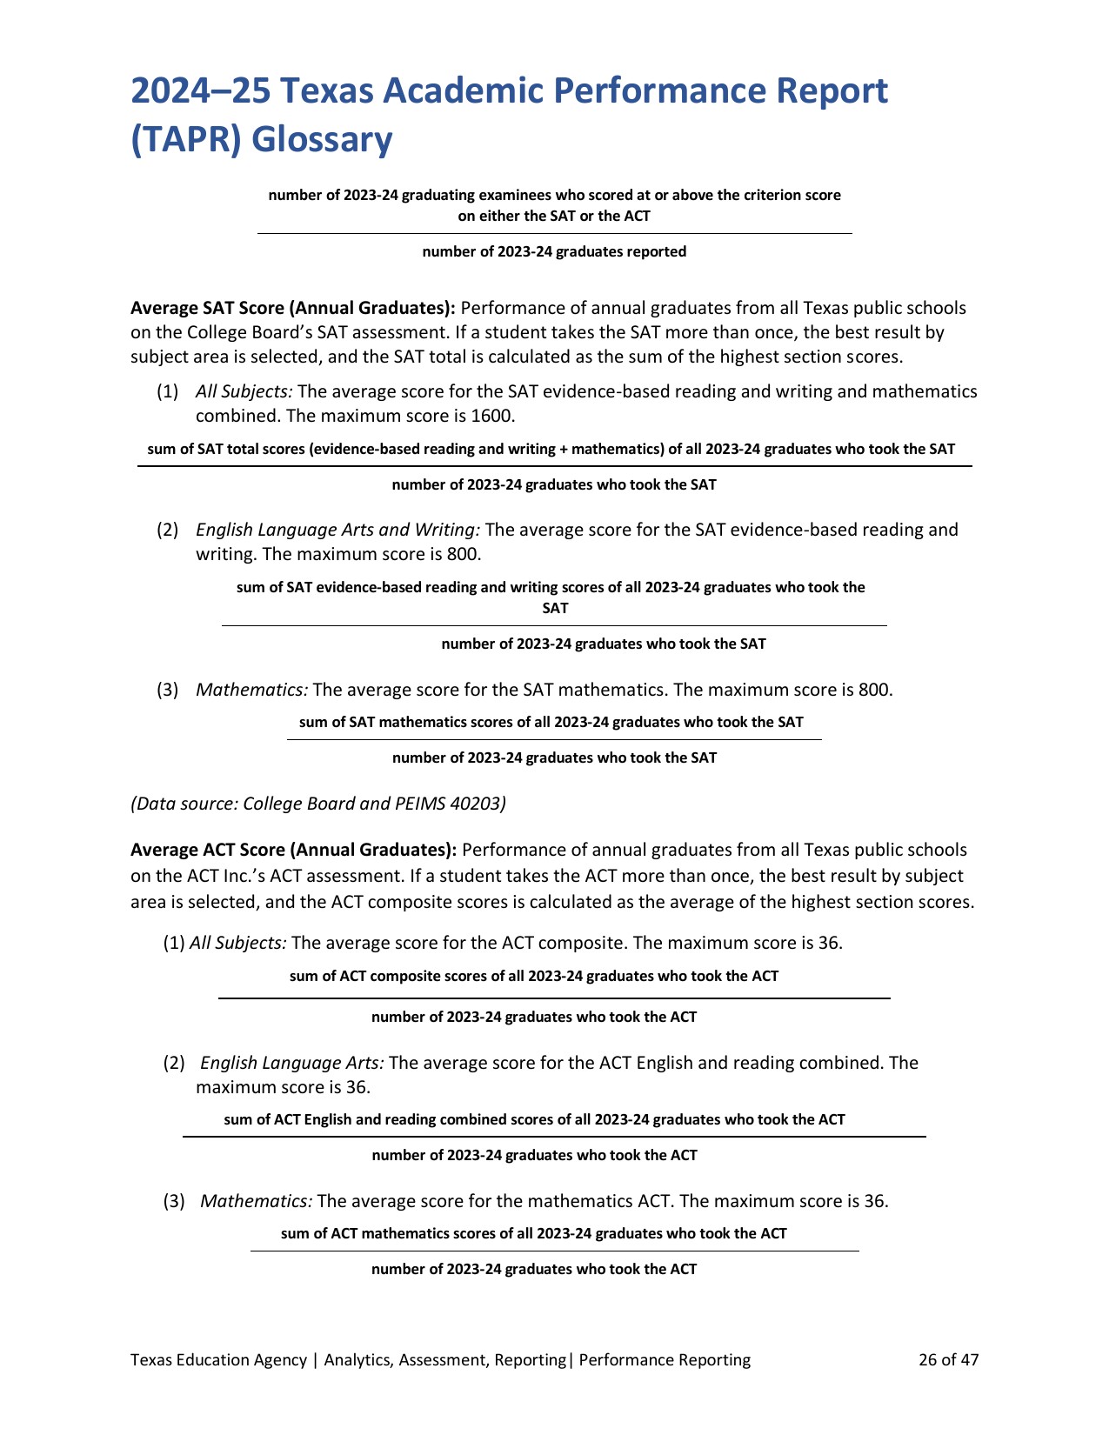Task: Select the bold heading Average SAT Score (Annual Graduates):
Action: [293, 308]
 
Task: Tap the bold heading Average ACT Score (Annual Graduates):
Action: [293, 850]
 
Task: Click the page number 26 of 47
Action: [948, 1359]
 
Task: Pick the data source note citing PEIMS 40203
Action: [318, 804]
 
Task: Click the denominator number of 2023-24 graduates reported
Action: [554, 252]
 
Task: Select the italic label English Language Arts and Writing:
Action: [337, 530]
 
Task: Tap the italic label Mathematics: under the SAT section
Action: [251, 690]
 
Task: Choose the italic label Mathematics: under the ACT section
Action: [256, 1201]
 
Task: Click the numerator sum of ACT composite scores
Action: [533, 976]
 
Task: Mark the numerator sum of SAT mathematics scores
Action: [551, 722]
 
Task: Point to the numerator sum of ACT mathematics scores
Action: [533, 1233]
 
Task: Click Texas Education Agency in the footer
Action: [218, 1359]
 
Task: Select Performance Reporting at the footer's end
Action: [665, 1359]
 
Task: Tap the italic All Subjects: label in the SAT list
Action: [244, 391]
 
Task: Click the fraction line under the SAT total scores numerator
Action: [554, 467]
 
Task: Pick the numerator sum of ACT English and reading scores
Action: [534, 1119]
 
